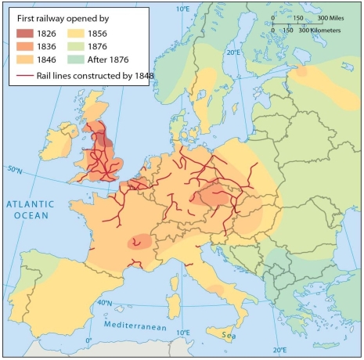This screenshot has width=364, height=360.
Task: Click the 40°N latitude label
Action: [103, 302]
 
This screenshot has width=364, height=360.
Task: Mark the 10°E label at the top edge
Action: [183, 9]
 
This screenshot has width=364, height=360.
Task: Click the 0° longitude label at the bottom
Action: [88, 340]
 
